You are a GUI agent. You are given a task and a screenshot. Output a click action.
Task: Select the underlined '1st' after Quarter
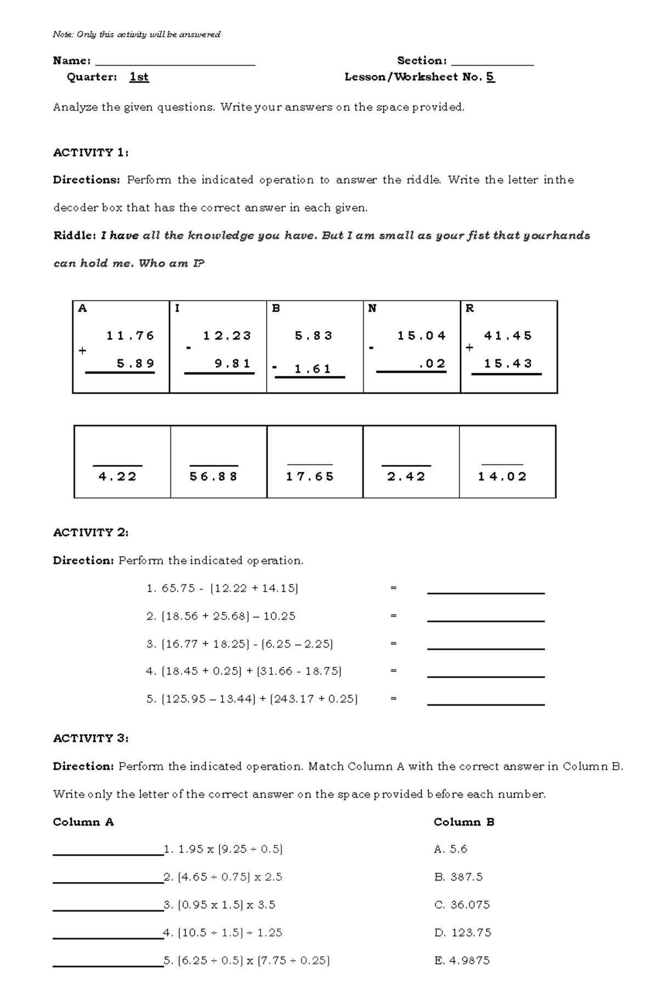[x=139, y=77]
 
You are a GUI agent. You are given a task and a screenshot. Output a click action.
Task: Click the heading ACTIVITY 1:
[x=90, y=153]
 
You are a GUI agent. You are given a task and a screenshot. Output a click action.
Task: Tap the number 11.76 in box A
[x=131, y=336]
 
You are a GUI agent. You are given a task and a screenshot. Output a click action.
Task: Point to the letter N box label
[x=372, y=309]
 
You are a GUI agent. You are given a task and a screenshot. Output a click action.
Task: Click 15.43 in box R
[x=508, y=364]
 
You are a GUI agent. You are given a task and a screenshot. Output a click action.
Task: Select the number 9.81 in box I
[x=232, y=364]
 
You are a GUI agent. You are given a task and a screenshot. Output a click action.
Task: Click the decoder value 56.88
[x=213, y=476]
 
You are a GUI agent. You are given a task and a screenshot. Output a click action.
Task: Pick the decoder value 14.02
[x=502, y=476]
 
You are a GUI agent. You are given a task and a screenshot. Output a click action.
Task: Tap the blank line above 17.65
[x=310, y=464]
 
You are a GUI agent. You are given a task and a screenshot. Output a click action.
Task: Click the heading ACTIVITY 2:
[x=90, y=533]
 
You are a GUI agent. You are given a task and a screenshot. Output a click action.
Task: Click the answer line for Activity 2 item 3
[x=485, y=648]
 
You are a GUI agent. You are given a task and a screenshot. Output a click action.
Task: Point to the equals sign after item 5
[x=393, y=699]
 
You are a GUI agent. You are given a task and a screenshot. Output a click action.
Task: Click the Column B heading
[x=464, y=822]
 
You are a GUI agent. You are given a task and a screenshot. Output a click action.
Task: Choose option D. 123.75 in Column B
[x=462, y=933]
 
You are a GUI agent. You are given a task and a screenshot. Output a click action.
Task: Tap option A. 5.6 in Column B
[x=450, y=849]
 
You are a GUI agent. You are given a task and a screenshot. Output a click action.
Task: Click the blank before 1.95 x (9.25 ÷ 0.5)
[x=108, y=853]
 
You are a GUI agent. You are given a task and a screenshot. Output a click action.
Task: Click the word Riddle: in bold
[x=75, y=236]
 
